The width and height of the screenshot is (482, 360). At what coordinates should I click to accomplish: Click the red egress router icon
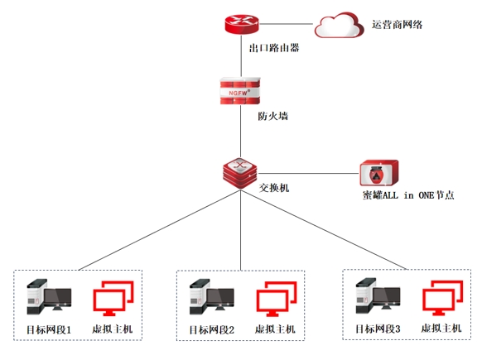(242, 24)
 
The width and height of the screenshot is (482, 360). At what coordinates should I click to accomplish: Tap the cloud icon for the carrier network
(339, 25)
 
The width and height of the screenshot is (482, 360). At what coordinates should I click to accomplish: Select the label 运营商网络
(398, 25)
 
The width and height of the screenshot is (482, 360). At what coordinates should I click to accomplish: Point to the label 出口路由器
(274, 48)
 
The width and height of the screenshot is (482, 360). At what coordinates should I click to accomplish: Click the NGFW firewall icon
(240, 91)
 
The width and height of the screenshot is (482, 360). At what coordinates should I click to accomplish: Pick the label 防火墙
(272, 116)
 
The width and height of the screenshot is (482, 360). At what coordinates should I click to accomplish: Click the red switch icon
(240, 173)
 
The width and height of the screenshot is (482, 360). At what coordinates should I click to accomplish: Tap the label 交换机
(274, 188)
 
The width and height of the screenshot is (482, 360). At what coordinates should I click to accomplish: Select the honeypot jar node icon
(379, 173)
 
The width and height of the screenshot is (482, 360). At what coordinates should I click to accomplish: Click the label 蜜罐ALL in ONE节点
(408, 195)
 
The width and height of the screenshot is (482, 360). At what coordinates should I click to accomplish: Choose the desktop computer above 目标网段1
(49, 297)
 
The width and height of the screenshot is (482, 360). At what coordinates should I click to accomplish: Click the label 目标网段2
(212, 330)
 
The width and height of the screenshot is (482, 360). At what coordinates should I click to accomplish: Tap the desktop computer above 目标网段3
(378, 295)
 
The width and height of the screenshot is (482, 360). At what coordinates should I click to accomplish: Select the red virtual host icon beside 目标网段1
(113, 298)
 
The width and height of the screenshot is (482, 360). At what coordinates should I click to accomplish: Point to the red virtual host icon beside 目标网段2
(277, 299)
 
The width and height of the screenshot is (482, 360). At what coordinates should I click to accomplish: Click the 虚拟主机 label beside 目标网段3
(441, 329)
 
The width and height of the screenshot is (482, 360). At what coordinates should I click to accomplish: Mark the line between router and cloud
(286, 24)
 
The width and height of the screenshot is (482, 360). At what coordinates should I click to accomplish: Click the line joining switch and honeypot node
(308, 174)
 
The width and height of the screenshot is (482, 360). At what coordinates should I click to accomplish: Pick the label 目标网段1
(49, 330)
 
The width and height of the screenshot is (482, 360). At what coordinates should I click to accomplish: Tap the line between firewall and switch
(240, 131)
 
